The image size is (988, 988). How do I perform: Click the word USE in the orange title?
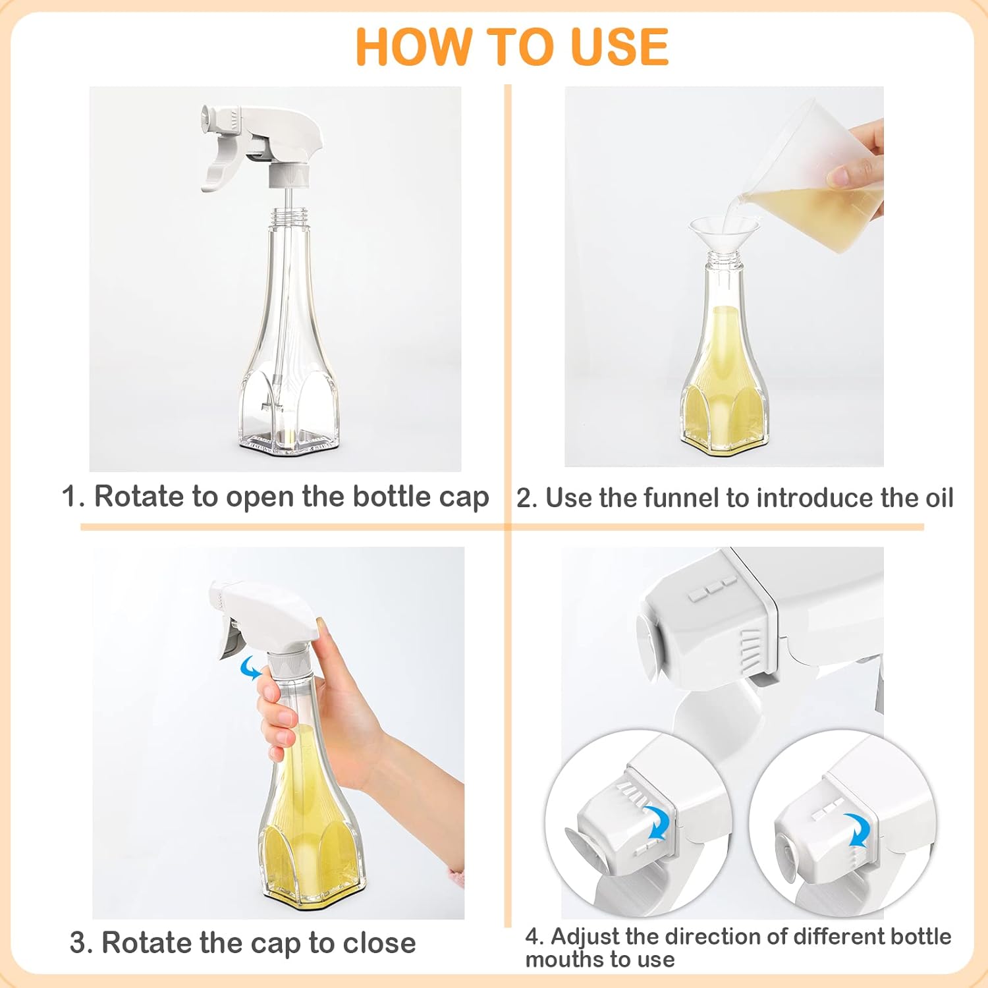pos(620,46)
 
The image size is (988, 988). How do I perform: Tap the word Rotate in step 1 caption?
pos(140,496)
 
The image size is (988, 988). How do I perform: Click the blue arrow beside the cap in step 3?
pos(250,667)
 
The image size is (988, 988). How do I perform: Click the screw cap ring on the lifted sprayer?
pos(289,174)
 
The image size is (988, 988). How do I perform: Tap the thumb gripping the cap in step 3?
pos(320,635)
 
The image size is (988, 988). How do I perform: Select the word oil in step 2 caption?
pos(935,497)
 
